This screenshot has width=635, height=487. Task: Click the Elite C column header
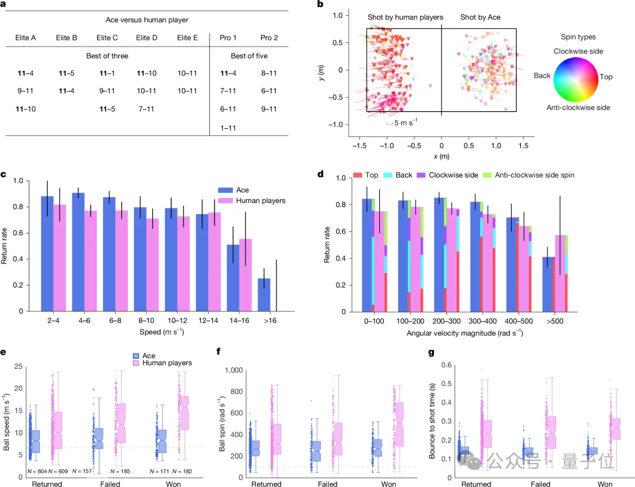coord(107,38)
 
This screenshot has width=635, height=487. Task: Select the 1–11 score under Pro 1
coord(229,128)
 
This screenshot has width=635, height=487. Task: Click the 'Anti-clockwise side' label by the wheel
coord(577,108)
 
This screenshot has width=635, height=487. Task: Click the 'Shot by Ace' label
coord(480,18)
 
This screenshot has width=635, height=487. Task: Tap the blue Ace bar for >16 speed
coord(264,295)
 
